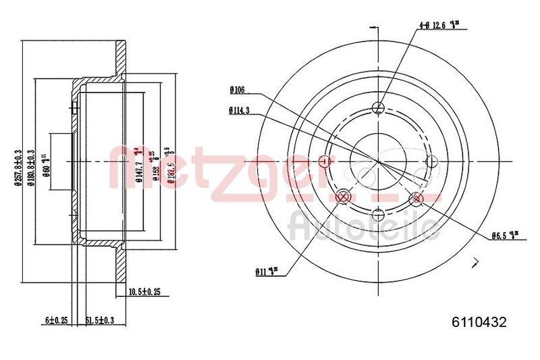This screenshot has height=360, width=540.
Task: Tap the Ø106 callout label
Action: pyautogui.click(x=237, y=89)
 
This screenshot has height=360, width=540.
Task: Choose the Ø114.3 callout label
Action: pyautogui.click(x=240, y=111)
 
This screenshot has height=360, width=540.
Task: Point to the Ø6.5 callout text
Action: pyautogui.click(x=505, y=236)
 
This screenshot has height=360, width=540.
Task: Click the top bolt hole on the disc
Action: pyautogui.click(x=378, y=108)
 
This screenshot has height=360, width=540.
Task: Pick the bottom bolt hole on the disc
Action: pyautogui.click(x=378, y=215)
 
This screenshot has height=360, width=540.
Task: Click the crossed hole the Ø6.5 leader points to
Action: pyautogui.click(x=416, y=198)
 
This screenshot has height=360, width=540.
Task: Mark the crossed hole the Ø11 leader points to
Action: pyautogui.click(x=342, y=197)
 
